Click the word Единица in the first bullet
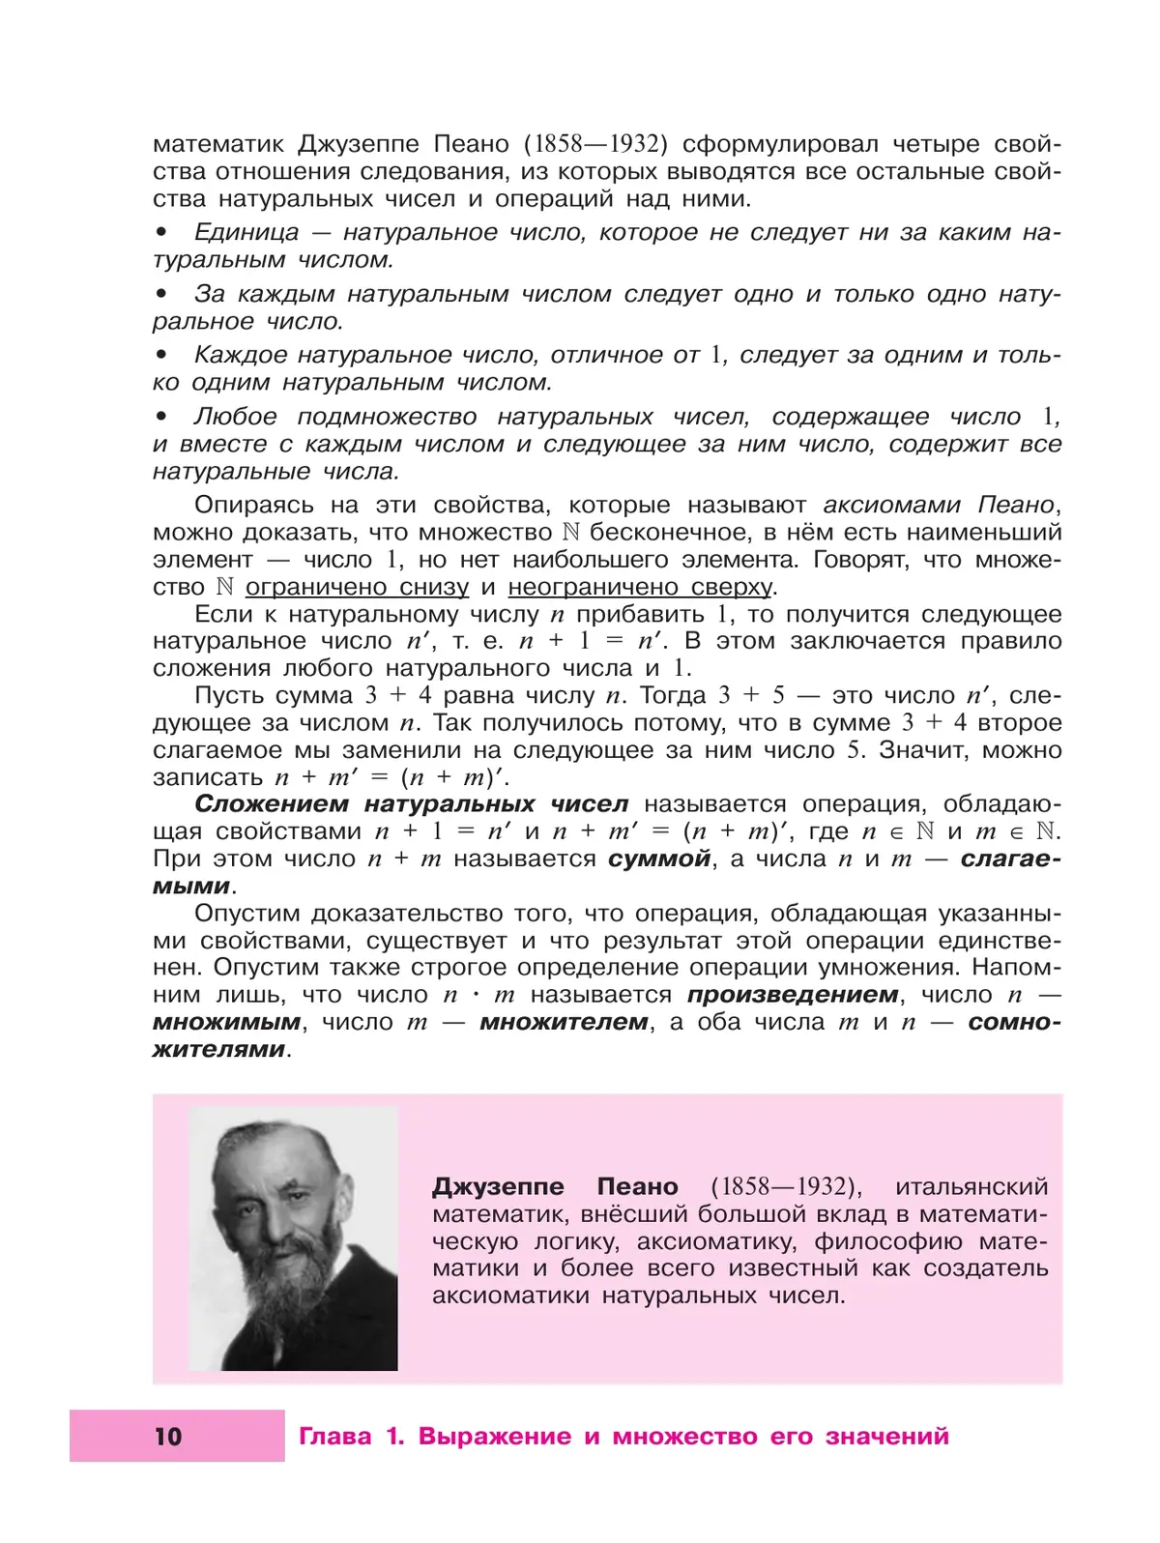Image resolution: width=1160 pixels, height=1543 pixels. click(246, 233)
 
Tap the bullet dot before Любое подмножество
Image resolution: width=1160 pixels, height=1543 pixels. click(161, 418)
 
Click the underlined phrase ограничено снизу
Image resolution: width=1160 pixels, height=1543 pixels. click(357, 587)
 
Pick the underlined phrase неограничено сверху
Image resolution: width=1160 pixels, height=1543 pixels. click(640, 587)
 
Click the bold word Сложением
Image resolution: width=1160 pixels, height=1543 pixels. click(272, 804)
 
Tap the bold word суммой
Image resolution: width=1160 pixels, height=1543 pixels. click(659, 859)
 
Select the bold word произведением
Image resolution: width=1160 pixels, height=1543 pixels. click(793, 995)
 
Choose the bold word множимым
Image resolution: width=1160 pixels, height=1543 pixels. click(226, 1022)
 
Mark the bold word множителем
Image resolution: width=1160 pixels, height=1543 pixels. click(564, 1022)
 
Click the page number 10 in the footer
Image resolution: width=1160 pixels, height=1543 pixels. click(168, 1437)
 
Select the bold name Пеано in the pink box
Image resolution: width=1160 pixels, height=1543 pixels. click(637, 1186)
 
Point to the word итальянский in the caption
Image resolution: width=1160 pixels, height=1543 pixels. click(971, 1186)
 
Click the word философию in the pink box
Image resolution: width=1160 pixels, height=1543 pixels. click(888, 1241)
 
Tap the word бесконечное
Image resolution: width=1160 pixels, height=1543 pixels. click(667, 533)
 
